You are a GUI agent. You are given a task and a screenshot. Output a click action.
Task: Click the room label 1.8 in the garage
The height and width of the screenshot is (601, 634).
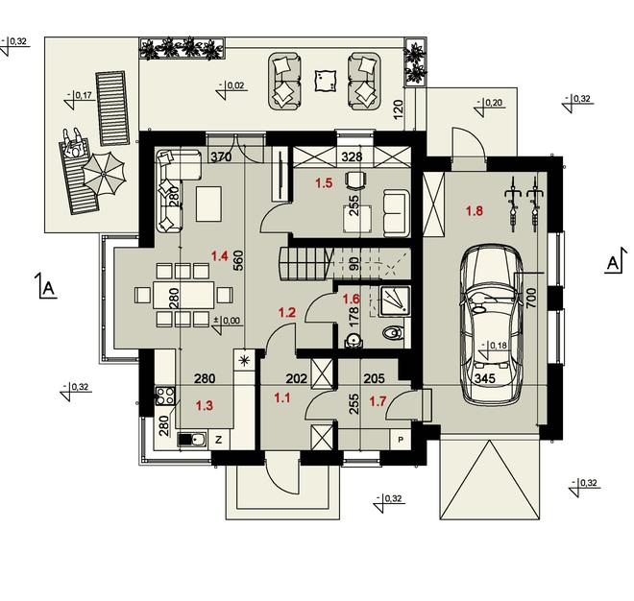point(475,211)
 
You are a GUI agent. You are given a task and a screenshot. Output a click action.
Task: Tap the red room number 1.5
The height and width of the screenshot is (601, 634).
point(324,183)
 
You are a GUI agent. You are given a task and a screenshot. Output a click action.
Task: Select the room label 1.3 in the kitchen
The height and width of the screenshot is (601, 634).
point(205,405)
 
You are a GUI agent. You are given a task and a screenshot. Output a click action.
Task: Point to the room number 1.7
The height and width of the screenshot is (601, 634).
point(378,401)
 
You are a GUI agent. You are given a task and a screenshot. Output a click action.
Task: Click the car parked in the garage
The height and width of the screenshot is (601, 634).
point(492,325)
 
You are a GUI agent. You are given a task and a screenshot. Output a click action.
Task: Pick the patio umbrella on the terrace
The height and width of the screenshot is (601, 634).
point(104,174)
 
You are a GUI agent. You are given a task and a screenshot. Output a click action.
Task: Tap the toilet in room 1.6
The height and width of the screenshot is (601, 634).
point(392,332)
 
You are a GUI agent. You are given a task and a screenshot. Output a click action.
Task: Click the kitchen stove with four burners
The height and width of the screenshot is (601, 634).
point(165,396)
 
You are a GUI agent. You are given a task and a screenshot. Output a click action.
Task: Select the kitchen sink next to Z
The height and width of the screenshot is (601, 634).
point(192,440)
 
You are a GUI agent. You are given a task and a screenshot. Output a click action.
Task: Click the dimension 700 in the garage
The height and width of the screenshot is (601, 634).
point(531,298)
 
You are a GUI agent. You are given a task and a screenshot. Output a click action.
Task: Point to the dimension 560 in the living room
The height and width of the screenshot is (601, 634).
point(238,261)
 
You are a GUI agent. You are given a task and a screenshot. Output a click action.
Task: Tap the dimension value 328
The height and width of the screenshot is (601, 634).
point(352,156)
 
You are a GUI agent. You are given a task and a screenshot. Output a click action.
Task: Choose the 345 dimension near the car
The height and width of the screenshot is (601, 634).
point(485,378)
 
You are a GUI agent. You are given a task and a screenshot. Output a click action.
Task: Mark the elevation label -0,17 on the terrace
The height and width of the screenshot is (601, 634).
point(80,95)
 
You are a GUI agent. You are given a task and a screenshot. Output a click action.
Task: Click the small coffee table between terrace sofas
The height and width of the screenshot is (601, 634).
point(325,81)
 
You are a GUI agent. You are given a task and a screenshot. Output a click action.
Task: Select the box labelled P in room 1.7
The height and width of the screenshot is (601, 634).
point(401,440)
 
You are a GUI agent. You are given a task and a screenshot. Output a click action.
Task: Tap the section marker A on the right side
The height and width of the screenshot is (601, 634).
point(614,263)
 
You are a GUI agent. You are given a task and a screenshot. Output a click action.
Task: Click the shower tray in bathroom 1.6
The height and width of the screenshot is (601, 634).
point(395,300)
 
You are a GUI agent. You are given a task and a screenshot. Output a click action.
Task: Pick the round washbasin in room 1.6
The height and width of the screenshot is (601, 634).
point(354,340)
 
